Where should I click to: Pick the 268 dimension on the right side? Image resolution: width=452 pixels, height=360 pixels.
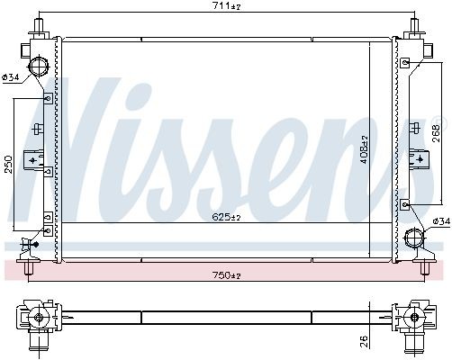[437, 133]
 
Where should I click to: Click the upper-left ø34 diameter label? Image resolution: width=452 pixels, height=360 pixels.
[11, 77]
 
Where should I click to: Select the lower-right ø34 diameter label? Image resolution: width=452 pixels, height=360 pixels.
[440, 220]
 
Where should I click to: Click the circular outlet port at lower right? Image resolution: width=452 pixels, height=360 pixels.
[414, 240]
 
